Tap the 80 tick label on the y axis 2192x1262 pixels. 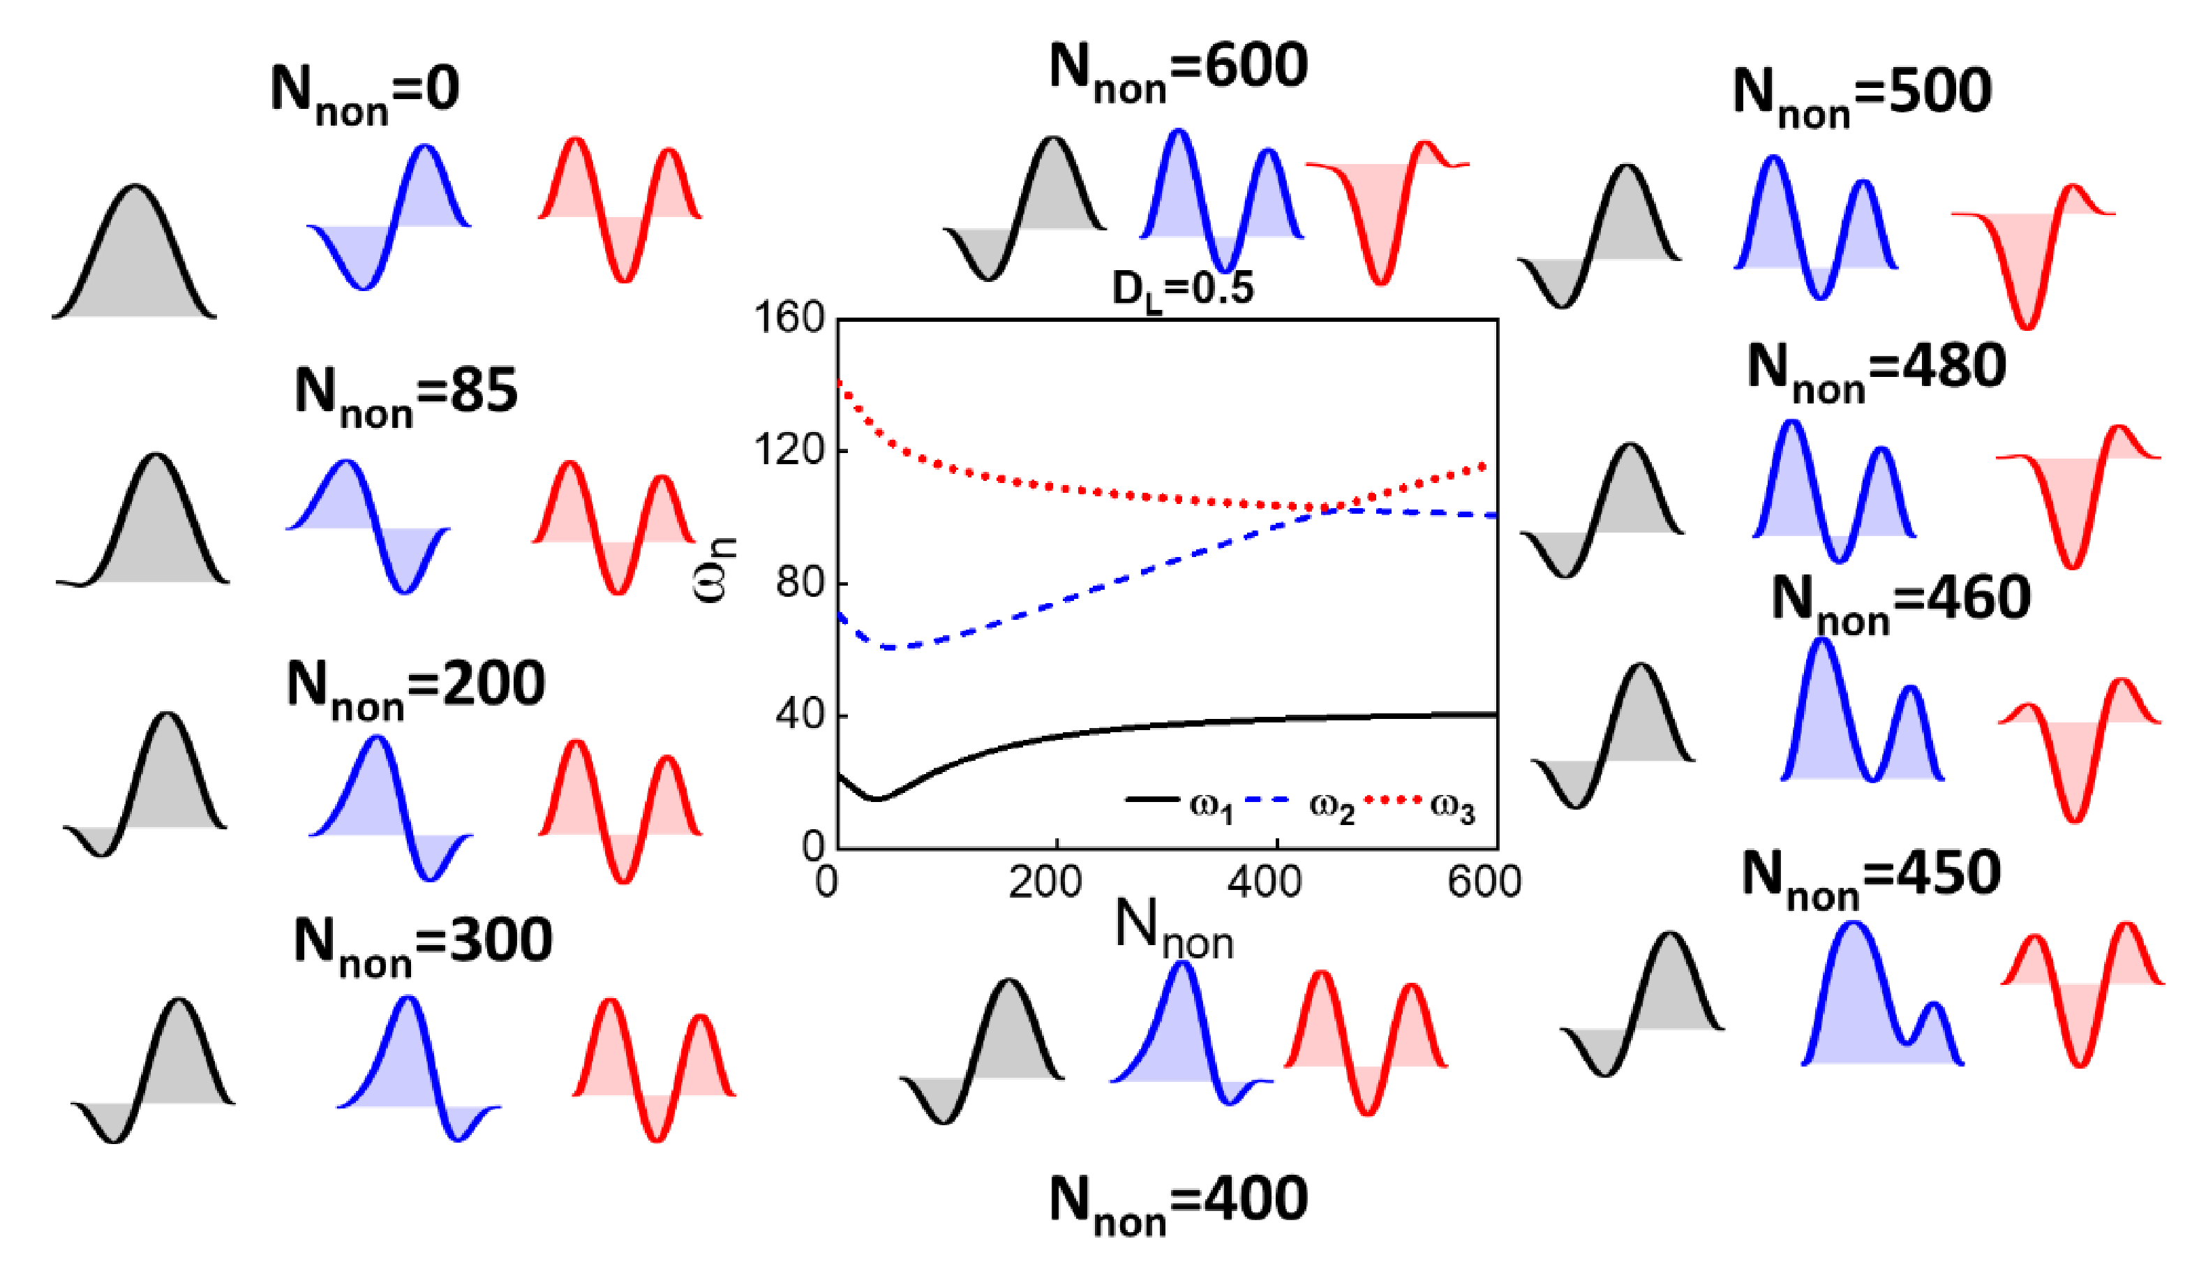pos(800,582)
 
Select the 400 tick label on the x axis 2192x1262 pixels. pos(1266,882)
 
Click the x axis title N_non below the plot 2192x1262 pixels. pos(1173,929)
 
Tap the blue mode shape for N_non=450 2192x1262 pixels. pos(1872,1005)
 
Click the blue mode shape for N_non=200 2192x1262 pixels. pos(390,806)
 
